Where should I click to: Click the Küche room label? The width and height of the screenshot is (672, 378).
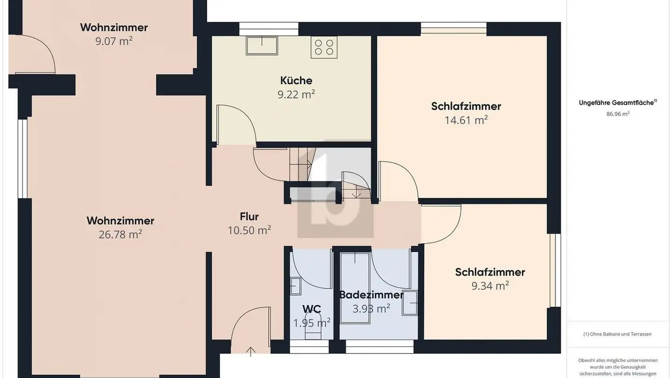coord(296,80)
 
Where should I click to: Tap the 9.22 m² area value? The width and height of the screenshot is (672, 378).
coord(296,95)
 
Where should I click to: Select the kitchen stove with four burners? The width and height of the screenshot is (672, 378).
coord(324,47)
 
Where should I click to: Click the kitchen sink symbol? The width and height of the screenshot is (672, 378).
coord(262,45)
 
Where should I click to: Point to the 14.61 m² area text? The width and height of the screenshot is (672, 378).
coord(466,120)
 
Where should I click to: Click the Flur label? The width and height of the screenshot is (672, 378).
coord(249,217)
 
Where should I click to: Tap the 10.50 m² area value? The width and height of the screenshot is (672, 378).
coord(249,231)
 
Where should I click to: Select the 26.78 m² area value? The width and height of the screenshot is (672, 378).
coord(120,235)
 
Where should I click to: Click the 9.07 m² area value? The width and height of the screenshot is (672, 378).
coord(114,42)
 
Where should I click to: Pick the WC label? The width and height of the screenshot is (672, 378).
coord(311,309)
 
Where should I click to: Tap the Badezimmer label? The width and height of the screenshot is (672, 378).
coord(371,295)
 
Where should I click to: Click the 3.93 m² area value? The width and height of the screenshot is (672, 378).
coord(371,309)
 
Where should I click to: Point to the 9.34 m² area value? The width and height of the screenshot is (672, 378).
coord(490,286)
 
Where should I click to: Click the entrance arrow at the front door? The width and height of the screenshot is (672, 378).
coord(251,351)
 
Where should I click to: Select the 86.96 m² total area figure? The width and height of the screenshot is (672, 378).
coord(618,113)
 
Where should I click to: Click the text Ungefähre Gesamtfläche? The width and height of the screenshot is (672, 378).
coord(616,103)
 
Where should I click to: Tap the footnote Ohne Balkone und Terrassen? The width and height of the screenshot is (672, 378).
coord(617,334)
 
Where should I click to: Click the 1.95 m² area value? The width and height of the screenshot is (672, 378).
coord(312,323)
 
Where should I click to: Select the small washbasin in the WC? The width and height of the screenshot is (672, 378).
coord(295,285)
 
